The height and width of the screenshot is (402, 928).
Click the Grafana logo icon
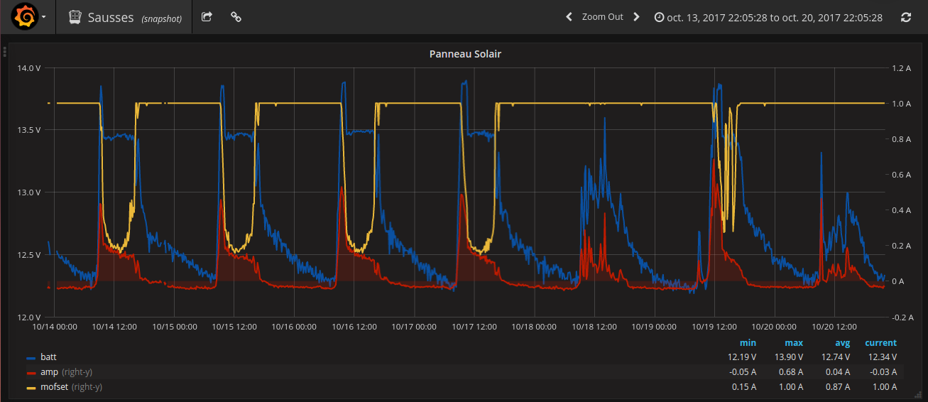click(25, 16)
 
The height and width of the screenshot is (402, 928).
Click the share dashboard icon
click(207, 17)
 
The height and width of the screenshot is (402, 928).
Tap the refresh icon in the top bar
click(905, 17)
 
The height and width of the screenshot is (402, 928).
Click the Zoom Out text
click(602, 17)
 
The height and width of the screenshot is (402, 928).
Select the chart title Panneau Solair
click(465, 54)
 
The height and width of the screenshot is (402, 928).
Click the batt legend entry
click(48, 357)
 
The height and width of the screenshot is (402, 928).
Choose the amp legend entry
click(49, 372)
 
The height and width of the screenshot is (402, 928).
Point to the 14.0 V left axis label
click(28, 68)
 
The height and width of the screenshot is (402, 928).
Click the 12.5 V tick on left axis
click(28, 255)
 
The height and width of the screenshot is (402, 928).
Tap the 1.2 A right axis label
click(901, 68)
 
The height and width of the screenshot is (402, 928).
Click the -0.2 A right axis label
click(900, 317)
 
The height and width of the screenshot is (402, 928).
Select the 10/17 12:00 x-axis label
click(474, 327)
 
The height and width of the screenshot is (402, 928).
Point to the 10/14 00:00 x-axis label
click(55, 327)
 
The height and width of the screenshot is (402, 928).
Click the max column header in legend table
click(794, 343)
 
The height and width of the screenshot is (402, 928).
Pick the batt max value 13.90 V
click(789, 357)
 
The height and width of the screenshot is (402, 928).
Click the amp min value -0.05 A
click(742, 372)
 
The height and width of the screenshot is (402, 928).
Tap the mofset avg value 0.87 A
click(836, 387)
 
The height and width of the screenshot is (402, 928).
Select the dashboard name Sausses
click(111, 18)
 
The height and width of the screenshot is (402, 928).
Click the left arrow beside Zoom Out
click(569, 17)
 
